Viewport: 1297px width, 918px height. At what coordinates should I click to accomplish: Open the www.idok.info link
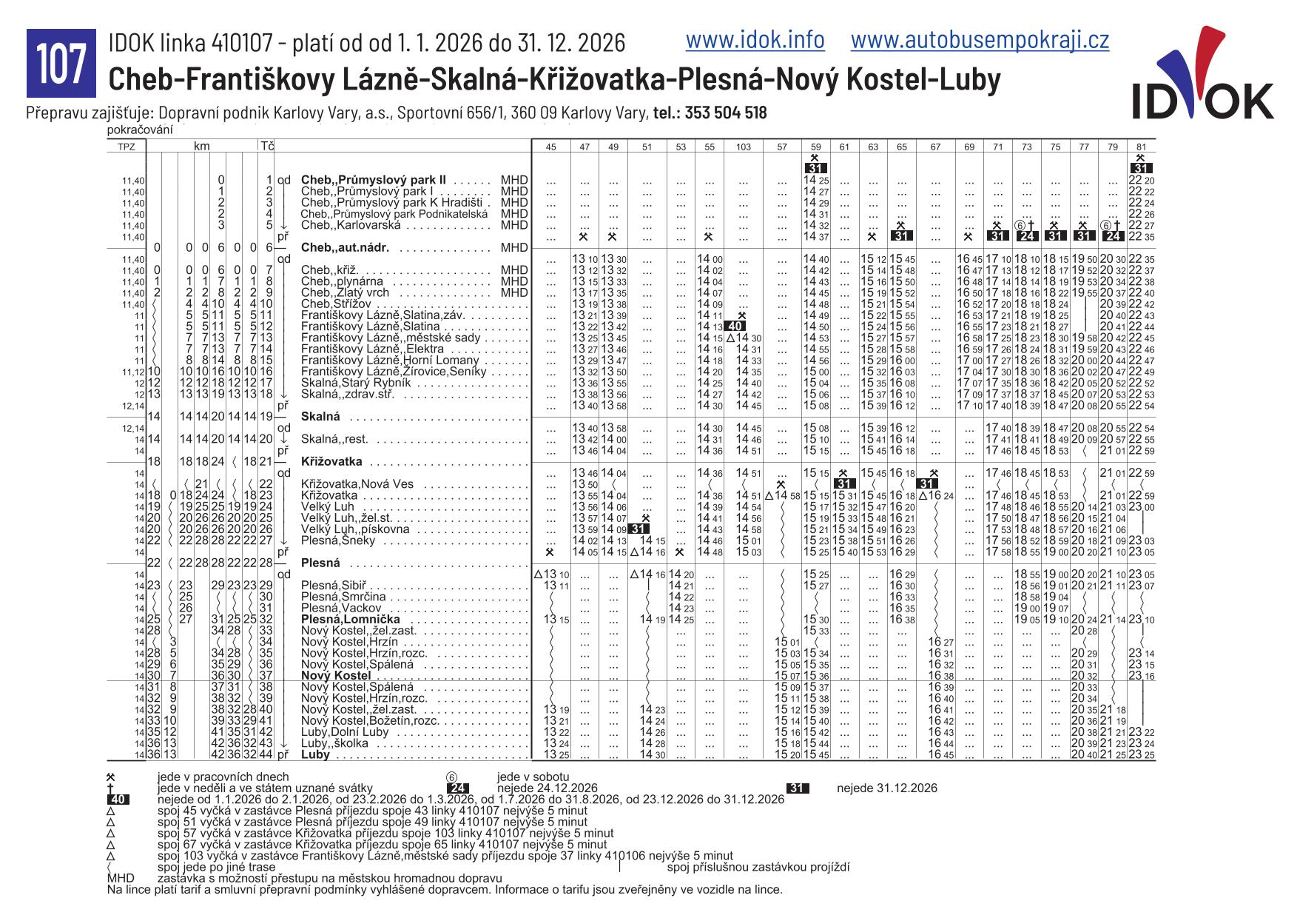pyautogui.click(x=755, y=40)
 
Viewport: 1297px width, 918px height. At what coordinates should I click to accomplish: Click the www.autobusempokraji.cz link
pyautogui.click(x=980, y=40)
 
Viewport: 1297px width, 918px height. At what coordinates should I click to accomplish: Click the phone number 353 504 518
pyautogui.click(x=725, y=113)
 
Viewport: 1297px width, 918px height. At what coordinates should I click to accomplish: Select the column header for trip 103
pyautogui.click(x=743, y=147)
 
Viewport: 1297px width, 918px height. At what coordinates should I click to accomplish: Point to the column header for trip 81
pyautogui.click(x=1140, y=147)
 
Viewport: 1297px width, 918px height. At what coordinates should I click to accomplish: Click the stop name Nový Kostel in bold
pyautogui.click(x=336, y=676)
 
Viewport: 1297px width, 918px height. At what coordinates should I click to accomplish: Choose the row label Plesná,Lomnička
pyautogui.click(x=351, y=619)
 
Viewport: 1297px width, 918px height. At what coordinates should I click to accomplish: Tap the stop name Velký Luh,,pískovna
pyautogui.click(x=354, y=529)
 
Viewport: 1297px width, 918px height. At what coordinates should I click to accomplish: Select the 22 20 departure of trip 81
pyautogui.click(x=1140, y=180)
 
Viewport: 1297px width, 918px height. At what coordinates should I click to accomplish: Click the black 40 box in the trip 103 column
pyautogui.click(x=734, y=326)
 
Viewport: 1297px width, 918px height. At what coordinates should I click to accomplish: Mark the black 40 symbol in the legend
pyautogui.click(x=118, y=800)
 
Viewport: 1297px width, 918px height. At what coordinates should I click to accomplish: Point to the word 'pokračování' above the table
pyautogui.click(x=140, y=130)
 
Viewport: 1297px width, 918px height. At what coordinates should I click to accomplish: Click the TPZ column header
pyautogui.click(x=127, y=147)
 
